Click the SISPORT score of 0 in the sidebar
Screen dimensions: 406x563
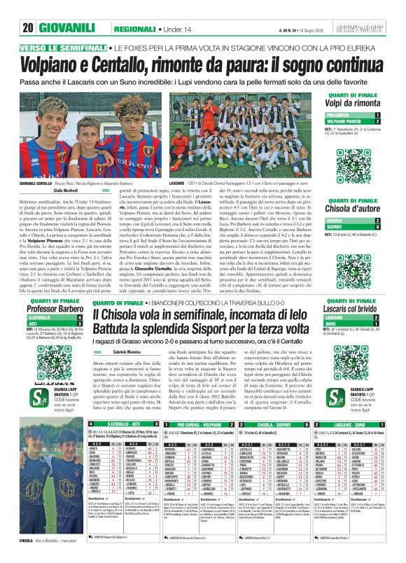(x=378, y=227)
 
